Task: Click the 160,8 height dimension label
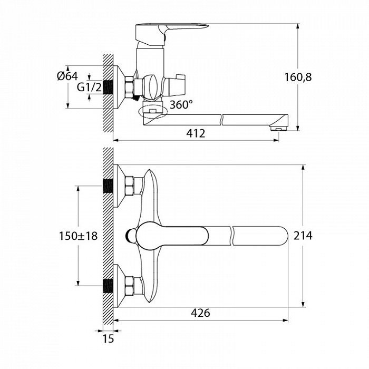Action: (x=298, y=77)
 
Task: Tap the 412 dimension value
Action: (x=196, y=134)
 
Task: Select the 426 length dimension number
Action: (x=200, y=313)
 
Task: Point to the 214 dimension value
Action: (x=303, y=236)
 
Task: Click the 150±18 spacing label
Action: (x=78, y=236)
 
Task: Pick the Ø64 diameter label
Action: (x=67, y=76)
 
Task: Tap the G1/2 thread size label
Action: (x=89, y=88)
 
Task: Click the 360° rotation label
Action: (x=181, y=105)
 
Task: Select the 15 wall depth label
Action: (x=108, y=339)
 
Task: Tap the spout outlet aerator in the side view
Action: (x=279, y=128)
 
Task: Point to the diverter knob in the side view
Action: (x=176, y=85)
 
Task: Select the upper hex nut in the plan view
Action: (x=130, y=186)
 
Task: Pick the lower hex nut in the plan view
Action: (x=130, y=286)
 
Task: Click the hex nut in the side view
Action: (x=129, y=87)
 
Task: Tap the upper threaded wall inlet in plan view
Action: (x=108, y=186)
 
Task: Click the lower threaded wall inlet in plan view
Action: (x=108, y=286)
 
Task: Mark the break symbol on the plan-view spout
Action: (x=231, y=236)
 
